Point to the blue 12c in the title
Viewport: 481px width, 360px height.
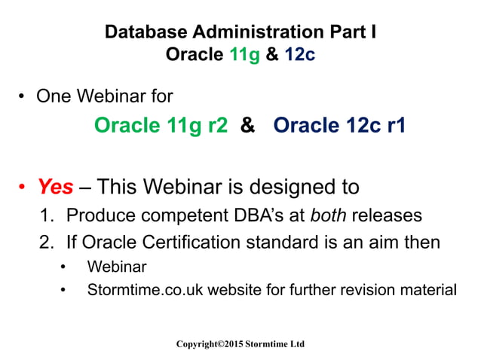pyautogui.click(x=296, y=54)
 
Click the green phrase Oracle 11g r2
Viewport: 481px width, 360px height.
pyautogui.click(x=161, y=125)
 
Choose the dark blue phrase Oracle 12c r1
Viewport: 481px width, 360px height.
pyautogui.click(x=339, y=125)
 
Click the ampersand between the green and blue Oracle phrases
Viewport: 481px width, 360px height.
pyautogui.click(x=247, y=125)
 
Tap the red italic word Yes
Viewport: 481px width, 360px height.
pyautogui.click(x=55, y=186)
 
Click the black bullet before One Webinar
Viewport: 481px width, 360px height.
pyautogui.click(x=24, y=96)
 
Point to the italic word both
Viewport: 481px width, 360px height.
pyautogui.click(x=329, y=215)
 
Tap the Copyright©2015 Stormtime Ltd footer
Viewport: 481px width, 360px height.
pyautogui.click(x=240, y=343)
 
